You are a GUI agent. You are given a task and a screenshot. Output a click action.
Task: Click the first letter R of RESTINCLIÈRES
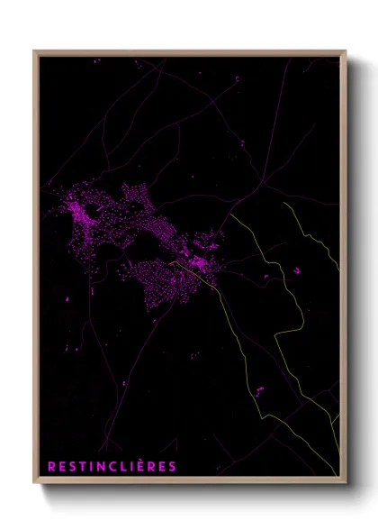click(x=50, y=466)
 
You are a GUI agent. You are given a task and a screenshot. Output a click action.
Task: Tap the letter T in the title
click(x=77, y=466)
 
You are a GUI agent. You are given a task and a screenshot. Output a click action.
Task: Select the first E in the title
click(x=59, y=466)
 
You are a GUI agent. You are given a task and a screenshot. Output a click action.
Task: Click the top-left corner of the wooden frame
click(x=35, y=51)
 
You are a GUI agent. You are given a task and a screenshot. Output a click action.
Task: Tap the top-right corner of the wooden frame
click(x=346, y=51)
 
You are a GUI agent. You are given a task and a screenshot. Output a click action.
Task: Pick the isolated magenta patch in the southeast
click(x=258, y=389)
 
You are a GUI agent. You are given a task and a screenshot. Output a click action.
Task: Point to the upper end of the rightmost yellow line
click(x=284, y=203)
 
